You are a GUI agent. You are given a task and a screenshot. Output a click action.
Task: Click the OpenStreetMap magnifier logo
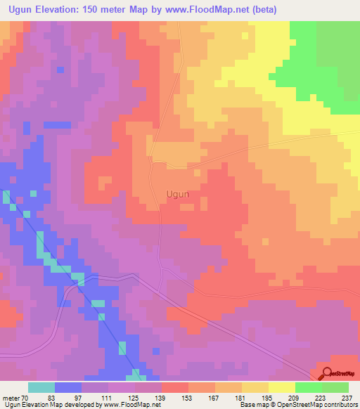coord(328,375)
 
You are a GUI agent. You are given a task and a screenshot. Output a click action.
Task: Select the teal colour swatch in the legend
coord(41,387)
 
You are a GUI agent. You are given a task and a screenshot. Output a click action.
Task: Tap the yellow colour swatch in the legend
coord(281,387)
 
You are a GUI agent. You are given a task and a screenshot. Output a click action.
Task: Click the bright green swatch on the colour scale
coord(308,387)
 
